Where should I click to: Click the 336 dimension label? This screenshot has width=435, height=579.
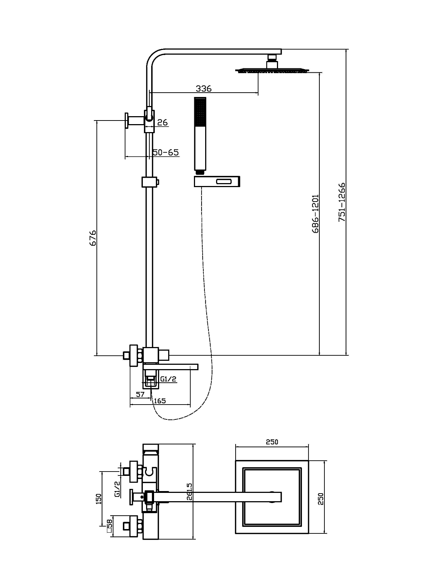203,88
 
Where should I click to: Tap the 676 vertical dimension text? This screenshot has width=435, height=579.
93,238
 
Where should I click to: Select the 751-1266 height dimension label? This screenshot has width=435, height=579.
342,202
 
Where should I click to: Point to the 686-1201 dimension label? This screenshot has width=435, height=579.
315,214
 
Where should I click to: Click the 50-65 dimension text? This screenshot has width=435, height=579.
166,152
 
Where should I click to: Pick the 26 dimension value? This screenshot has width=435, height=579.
163,123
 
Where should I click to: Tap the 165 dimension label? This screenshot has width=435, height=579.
159,401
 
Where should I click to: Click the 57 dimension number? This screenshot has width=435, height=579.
140,394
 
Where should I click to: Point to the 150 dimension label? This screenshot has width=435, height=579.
98,498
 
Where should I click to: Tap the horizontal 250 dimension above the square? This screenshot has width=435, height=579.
272,441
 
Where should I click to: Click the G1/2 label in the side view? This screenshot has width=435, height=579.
168,379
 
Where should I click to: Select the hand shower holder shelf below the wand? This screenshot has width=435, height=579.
217,182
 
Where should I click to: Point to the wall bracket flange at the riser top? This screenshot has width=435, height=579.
127,121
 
